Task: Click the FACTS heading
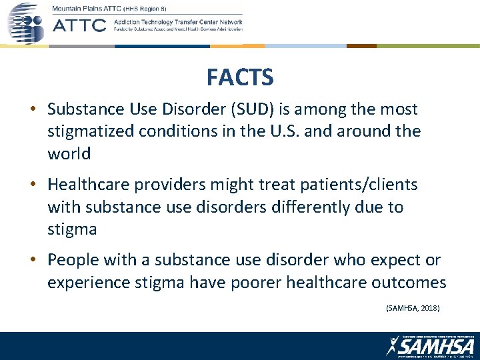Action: tap(240, 78)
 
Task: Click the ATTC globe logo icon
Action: tap(25, 23)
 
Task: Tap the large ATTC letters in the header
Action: tap(79, 25)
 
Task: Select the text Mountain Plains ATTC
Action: tap(87, 7)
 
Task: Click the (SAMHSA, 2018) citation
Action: tap(413, 308)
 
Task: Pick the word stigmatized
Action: tap(91, 131)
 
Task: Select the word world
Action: tap(69, 153)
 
